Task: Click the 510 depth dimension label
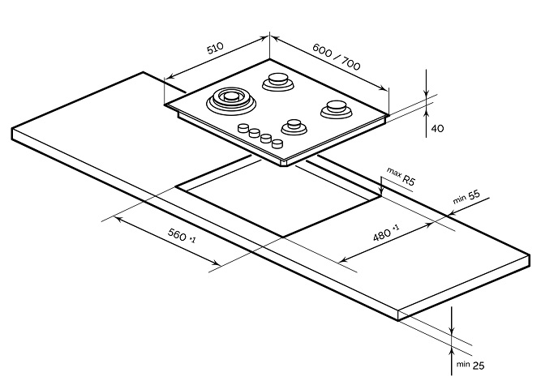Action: point(215,49)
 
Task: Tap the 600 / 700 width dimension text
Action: point(336,57)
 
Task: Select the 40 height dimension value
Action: point(437,129)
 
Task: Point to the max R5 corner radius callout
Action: point(401,176)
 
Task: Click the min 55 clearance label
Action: point(466,197)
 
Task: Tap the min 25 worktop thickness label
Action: point(470,365)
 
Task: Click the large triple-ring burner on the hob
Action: point(231,100)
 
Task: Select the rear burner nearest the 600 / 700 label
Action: point(278,81)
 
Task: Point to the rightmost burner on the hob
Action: point(336,109)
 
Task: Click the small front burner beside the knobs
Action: point(294,127)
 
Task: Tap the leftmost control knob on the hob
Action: point(243,128)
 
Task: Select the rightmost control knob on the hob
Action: point(277,143)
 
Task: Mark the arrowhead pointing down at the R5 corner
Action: point(381,191)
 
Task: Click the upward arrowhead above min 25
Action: point(452,353)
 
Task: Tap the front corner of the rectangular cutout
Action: point(283,237)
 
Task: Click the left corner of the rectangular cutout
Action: point(176,186)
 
